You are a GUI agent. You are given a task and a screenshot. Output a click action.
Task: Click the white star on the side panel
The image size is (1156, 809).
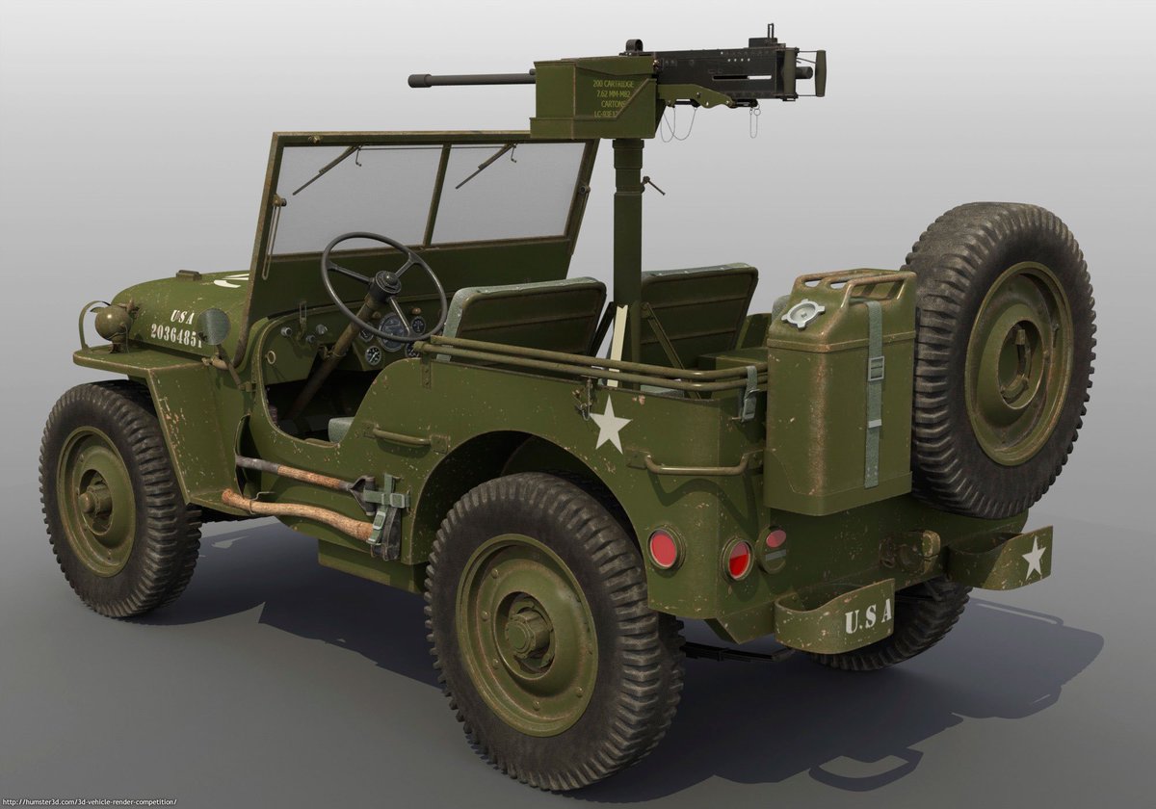[x=610, y=425]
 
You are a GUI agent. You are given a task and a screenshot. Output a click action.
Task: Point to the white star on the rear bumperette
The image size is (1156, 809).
[x=1034, y=557]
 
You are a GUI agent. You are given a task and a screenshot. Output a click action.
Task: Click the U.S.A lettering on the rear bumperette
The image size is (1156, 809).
[x=866, y=615]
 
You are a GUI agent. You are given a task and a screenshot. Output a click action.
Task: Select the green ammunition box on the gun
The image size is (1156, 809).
[x=594, y=98]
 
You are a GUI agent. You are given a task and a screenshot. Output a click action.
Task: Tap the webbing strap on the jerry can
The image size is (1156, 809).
[x=874, y=395]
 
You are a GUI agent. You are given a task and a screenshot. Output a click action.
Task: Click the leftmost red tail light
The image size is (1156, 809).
[x=664, y=549]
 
